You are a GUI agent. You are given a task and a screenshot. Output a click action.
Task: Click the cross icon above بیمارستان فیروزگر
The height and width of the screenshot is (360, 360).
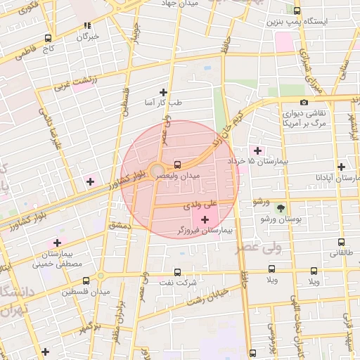(x=205, y=219)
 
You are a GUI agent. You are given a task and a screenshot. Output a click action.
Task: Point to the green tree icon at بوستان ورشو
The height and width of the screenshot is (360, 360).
(x=281, y=208)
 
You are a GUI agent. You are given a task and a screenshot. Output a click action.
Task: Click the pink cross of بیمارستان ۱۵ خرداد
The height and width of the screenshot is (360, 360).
(x=257, y=150)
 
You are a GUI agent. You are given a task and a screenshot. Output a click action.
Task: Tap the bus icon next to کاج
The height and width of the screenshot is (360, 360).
(x=48, y=39)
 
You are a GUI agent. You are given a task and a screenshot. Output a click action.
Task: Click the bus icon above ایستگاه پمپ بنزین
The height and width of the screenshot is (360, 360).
(x=297, y=11)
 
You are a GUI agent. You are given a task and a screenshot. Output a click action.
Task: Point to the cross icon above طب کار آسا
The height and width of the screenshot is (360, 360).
(x=164, y=92)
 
